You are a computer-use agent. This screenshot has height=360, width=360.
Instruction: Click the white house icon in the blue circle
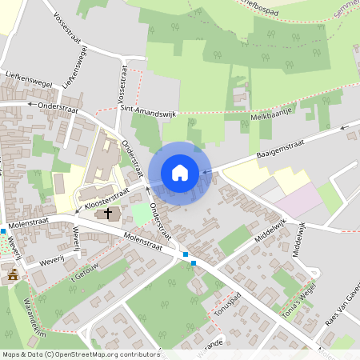(180, 173)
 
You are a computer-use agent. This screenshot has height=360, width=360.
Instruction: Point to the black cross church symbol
(107, 214)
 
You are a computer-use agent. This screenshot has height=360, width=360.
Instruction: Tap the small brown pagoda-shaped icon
(13, 274)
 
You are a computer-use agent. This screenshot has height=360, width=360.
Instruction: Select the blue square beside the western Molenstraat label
(4, 230)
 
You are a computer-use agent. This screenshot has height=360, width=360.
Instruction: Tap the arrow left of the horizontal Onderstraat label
(30, 104)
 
